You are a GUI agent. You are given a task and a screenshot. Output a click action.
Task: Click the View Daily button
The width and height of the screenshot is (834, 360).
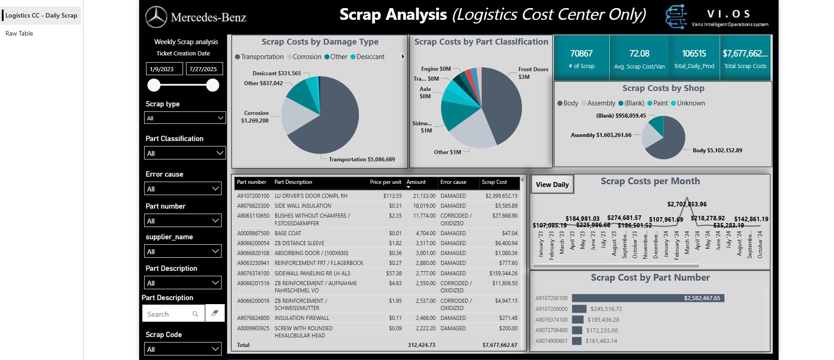[x=552, y=185]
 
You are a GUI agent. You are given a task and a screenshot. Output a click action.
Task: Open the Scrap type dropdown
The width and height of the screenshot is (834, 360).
[x=185, y=118]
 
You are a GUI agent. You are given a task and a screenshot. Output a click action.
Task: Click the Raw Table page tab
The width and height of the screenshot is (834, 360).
[x=19, y=33]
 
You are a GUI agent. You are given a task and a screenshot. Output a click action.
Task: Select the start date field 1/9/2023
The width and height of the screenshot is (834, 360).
[x=164, y=69]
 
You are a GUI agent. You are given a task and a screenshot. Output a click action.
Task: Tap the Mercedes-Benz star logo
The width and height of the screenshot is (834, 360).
[x=156, y=18]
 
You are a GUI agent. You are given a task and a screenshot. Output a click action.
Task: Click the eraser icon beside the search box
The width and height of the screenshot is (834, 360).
[x=215, y=313]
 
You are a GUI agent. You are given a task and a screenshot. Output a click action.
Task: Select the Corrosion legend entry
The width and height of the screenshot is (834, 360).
[x=306, y=57]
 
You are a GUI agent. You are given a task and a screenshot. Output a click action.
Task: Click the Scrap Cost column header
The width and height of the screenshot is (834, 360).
[x=494, y=182]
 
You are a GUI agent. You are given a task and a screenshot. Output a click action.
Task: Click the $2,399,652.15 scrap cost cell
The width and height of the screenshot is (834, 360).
[x=501, y=196]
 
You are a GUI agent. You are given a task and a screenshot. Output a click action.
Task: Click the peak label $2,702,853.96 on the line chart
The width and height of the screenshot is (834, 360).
[x=687, y=204]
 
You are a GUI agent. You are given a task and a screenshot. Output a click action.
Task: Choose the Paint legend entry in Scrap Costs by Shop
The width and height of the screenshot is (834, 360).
[x=660, y=103]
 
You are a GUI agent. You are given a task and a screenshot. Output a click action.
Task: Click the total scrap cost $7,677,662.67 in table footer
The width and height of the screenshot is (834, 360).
[x=499, y=345]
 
